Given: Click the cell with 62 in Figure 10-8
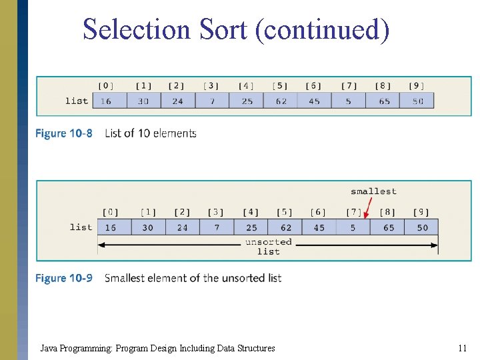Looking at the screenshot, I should pyautogui.click(x=280, y=101).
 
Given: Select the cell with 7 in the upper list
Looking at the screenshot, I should pyautogui.click(x=211, y=101).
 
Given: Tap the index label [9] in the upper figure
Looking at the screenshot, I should pyautogui.click(x=417, y=85).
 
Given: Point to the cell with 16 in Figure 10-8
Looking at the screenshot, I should pyautogui.click(x=107, y=101).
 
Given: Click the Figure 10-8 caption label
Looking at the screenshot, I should pyautogui.click(x=64, y=133).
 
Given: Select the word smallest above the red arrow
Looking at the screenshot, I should pyautogui.click(x=373, y=191).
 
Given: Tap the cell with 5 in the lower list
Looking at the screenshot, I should pyautogui.click(x=353, y=227).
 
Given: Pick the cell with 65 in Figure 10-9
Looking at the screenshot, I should pyautogui.click(x=388, y=227).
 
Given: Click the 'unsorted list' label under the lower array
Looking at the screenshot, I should pyautogui.click(x=268, y=246).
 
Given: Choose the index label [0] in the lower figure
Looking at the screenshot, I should pyautogui.click(x=111, y=212).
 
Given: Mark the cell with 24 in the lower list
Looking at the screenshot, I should pyautogui.click(x=182, y=227).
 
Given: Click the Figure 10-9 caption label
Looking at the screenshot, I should pyautogui.click(x=64, y=278).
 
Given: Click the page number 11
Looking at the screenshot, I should pyautogui.click(x=462, y=348).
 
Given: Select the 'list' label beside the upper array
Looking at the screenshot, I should pyautogui.click(x=77, y=101).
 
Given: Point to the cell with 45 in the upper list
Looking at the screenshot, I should pyautogui.click(x=314, y=101).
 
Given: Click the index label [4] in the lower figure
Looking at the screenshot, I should pyautogui.click(x=251, y=212).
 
